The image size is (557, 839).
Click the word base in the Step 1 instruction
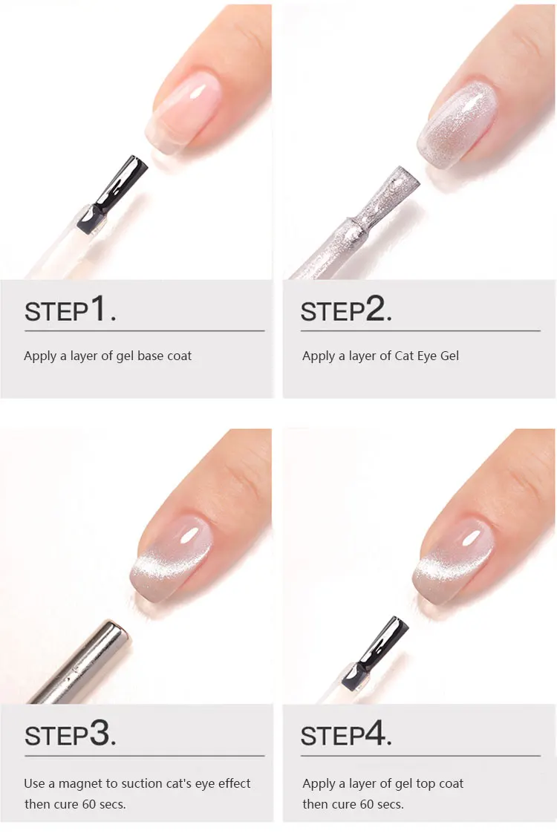(x=152, y=356)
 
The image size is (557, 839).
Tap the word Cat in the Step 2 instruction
(x=403, y=356)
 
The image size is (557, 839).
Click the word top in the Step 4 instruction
(x=426, y=784)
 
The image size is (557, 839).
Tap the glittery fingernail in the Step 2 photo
(x=458, y=125)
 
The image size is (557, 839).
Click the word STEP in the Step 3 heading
(x=56, y=737)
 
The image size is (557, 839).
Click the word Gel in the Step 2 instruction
(x=449, y=356)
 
